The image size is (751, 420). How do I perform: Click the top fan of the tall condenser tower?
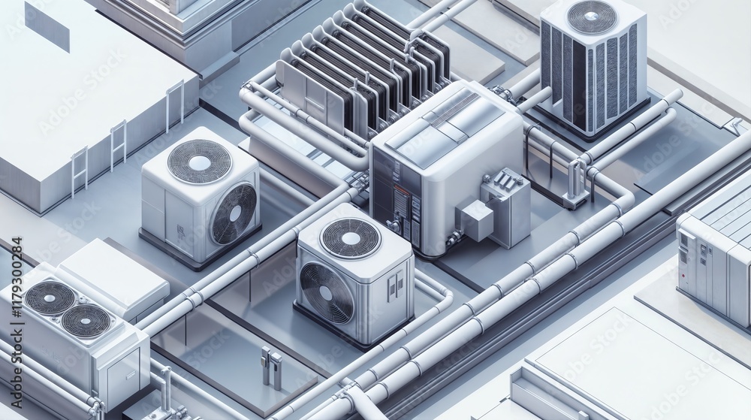592,17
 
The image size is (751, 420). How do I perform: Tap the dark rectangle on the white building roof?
47,26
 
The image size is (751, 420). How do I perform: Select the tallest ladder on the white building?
174,106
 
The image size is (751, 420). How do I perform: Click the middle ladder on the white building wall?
118,145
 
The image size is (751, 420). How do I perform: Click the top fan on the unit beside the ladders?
199,161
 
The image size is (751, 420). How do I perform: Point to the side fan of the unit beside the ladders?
234,213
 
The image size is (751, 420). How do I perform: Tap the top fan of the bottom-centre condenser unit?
349,237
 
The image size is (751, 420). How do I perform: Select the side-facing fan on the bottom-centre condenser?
327,292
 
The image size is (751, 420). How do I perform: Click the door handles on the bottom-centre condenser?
395,285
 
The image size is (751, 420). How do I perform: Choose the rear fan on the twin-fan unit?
50,298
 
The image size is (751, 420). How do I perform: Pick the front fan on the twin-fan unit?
86,321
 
